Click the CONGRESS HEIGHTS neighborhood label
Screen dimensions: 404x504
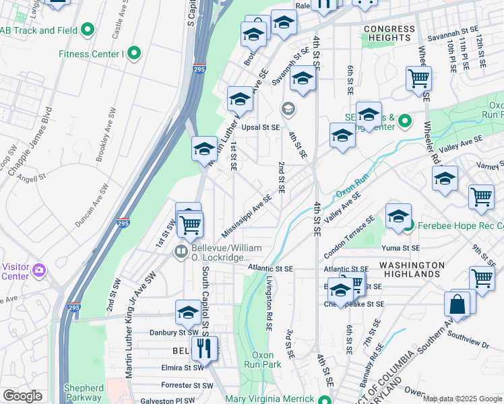click(x=389, y=33)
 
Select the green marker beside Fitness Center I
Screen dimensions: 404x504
click(x=133, y=53)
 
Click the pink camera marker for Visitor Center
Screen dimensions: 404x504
click(x=39, y=270)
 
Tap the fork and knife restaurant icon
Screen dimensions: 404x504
click(x=203, y=349)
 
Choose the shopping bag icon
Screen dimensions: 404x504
click(x=458, y=304)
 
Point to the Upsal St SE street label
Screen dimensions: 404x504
click(x=260, y=127)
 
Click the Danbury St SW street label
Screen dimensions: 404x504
click(x=174, y=332)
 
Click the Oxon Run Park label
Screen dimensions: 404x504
click(x=266, y=360)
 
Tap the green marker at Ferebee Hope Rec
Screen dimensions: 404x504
click(x=408, y=226)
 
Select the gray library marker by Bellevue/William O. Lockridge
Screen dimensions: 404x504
click(x=181, y=252)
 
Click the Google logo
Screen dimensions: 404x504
click(x=23, y=395)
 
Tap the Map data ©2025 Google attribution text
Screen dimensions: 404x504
click(x=462, y=399)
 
